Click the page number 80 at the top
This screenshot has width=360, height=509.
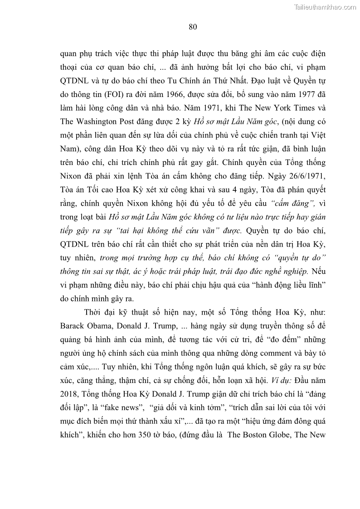click(x=192, y=27)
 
